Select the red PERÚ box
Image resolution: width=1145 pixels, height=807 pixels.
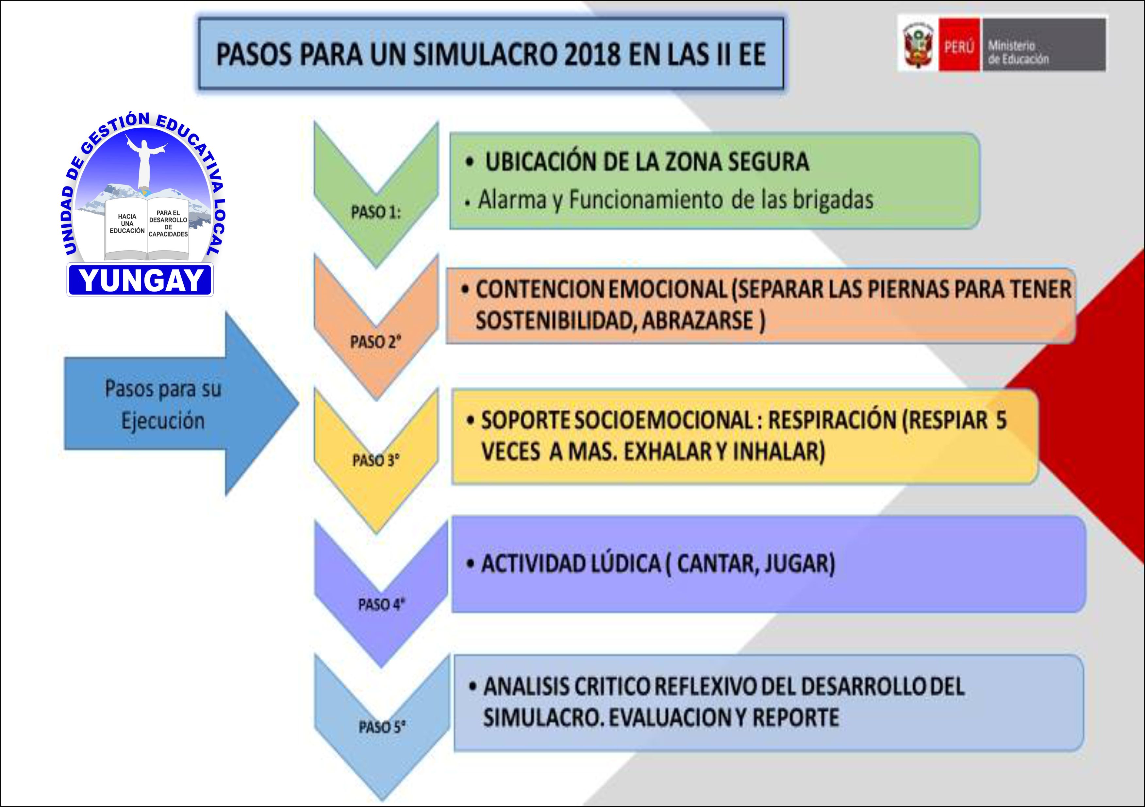pyautogui.click(x=959, y=45)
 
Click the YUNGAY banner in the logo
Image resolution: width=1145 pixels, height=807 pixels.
pyautogui.click(x=141, y=280)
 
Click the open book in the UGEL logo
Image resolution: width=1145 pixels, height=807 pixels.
pyautogui.click(x=147, y=229)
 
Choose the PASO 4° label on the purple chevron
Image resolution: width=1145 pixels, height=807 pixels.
pyautogui.click(x=381, y=605)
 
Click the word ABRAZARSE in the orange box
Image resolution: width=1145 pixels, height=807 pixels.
pyautogui.click(x=698, y=320)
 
